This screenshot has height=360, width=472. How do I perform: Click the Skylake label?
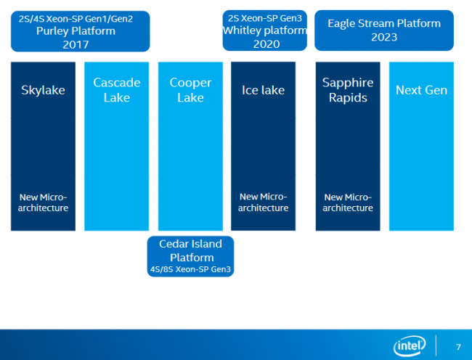43,91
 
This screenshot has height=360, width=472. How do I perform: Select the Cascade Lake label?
116,90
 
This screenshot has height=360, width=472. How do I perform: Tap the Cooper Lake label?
190,90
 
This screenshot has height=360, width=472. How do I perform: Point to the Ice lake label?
263,91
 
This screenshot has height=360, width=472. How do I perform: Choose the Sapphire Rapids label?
347,90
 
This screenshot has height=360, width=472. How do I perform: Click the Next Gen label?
421,91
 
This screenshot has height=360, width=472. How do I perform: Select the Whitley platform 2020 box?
264,31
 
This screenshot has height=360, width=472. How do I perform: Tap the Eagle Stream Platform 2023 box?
383,31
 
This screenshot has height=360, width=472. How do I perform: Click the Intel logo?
410,346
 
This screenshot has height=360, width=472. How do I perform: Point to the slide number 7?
457,346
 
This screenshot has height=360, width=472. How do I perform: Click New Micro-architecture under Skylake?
43,202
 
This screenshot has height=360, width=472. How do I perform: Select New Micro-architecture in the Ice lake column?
263,202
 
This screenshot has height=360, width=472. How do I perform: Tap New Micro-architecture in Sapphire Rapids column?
348,202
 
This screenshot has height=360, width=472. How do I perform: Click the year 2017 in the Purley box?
75,45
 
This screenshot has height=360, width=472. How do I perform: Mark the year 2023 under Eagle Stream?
383,36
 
